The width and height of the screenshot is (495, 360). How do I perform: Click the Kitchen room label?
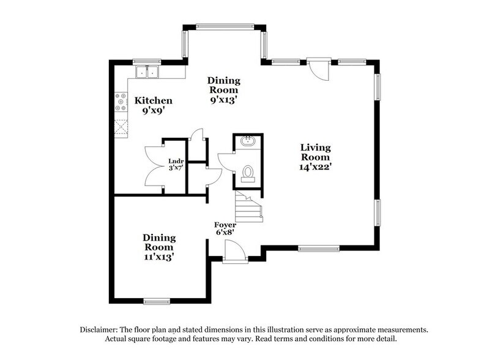154,100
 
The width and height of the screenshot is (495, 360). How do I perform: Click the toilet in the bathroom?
248,174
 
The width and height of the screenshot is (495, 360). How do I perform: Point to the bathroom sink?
248,143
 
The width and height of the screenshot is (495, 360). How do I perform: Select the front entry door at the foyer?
235,251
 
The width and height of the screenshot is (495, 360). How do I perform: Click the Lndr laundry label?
176,162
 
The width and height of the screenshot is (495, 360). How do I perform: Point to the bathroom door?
225,162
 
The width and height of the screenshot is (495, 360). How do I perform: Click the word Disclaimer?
100,329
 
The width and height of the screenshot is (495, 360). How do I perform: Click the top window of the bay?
224,26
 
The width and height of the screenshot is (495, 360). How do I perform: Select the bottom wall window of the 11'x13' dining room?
156,301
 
